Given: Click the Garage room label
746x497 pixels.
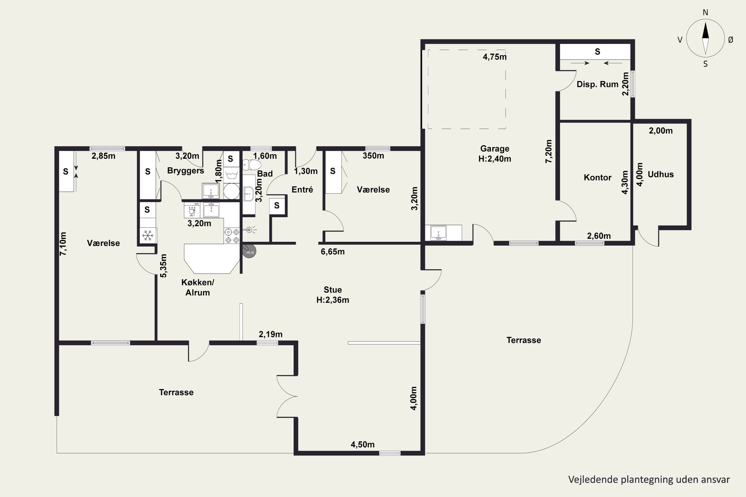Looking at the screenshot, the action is click(495, 148).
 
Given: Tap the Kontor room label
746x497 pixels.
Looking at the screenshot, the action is click(598, 177).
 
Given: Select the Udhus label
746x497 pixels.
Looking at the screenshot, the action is click(661, 174).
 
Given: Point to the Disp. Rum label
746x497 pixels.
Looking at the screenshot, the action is click(598, 84).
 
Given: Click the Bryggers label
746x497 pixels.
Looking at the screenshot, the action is click(186, 171).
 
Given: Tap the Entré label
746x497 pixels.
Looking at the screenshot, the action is click(302, 190).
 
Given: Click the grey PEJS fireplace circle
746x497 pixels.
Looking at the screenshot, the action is click(249, 252).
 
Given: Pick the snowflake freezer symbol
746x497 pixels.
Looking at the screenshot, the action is click(148, 235).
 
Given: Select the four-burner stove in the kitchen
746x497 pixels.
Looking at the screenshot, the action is click(232, 236).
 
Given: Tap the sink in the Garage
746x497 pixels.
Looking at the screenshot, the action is click(438, 233).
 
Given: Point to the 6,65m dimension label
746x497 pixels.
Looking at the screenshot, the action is click(333, 252).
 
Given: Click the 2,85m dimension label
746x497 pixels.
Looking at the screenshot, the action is click(103, 156).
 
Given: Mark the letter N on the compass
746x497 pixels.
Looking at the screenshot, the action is click(705, 12).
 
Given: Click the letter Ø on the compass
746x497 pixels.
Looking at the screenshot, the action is click(731, 40).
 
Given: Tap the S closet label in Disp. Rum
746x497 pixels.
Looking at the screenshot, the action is click(598, 52).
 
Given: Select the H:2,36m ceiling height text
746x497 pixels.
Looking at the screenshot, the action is click(333, 300).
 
